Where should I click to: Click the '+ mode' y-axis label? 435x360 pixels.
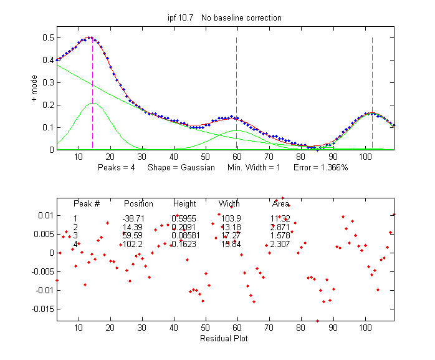[36, 87]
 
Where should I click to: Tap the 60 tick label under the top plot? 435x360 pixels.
[236, 157]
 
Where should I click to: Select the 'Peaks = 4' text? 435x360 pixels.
[117, 168]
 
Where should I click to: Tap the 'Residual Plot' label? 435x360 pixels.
[224, 339]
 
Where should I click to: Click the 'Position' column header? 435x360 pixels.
[138, 204]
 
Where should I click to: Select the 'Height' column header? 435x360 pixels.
[184, 204]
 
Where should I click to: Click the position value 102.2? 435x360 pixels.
[133, 245]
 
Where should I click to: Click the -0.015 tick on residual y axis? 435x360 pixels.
[42, 309]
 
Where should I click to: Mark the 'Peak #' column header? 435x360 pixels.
[87, 204]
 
